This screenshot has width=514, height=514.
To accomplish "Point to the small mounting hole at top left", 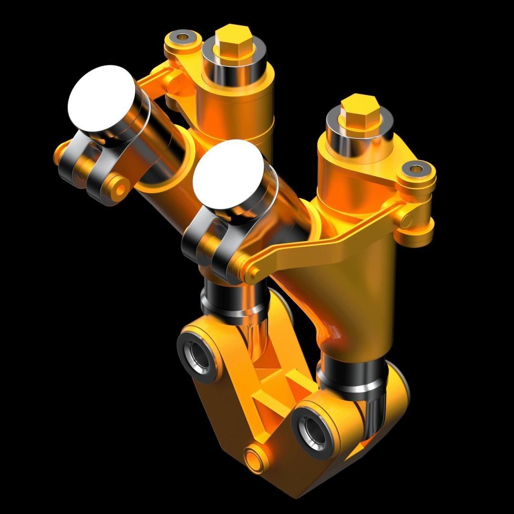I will [x=182, y=36].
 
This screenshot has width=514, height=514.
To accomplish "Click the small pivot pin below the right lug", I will [x=407, y=219].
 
